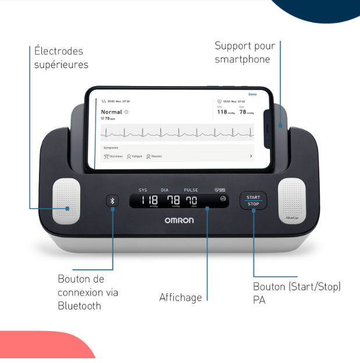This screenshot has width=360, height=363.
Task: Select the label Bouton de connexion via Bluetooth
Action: (x=88, y=293)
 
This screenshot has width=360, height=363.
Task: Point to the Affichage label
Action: (x=180, y=297)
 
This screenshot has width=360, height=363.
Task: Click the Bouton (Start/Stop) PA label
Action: (x=297, y=293)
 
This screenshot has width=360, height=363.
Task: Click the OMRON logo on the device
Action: (x=183, y=220)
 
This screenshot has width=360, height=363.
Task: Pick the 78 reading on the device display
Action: (x=173, y=201)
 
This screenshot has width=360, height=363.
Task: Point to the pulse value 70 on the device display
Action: (x=191, y=201)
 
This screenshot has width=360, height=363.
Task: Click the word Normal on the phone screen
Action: (x=112, y=112)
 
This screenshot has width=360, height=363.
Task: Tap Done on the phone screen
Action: (x=252, y=94)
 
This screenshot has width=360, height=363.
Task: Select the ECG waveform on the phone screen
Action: (x=177, y=133)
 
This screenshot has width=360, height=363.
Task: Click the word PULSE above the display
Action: (x=191, y=190)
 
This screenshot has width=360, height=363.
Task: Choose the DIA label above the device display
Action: (x=165, y=190)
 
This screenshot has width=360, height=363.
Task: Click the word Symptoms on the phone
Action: (x=111, y=148)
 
